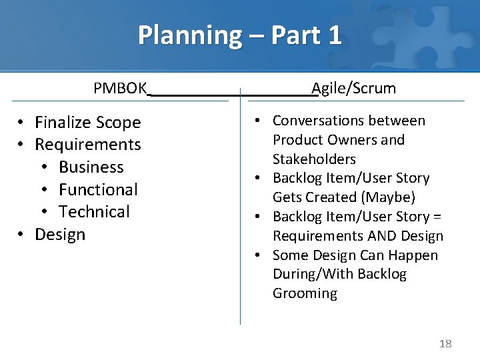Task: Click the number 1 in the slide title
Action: tap(333, 35)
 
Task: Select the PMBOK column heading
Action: tap(120, 89)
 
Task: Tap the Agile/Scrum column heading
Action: tap(354, 89)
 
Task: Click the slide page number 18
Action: tap(445, 343)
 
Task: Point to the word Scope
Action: tap(119, 123)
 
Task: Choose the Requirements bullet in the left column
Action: tap(88, 145)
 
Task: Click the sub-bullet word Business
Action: tap(91, 167)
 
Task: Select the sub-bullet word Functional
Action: tap(98, 189)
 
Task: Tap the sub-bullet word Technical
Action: tap(94, 212)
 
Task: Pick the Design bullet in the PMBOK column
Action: tap(60, 235)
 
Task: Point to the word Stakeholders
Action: tap(314, 159)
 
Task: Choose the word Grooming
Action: tap(305, 293)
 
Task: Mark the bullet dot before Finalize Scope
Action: tap(22, 123)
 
